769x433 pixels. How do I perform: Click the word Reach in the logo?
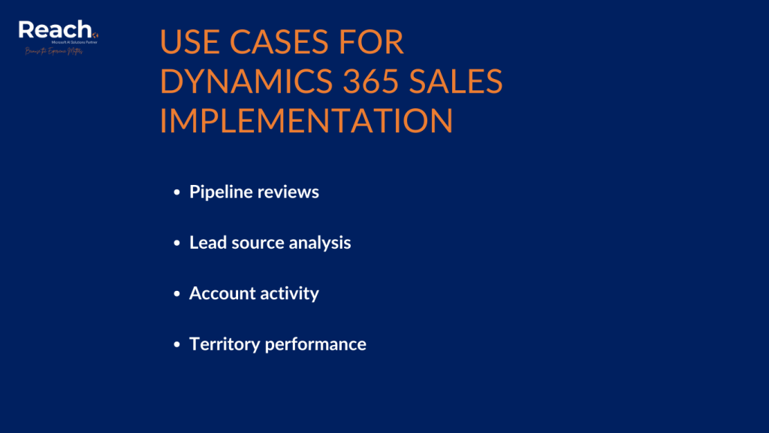pyautogui.click(x=54, y=29)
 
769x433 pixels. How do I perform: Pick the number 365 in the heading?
pyautogui.click(x=375, y=82)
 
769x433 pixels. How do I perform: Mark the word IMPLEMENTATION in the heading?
pyautogui.click(x=306, y=121)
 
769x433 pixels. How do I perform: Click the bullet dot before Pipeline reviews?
pyautogui.click(x=176, y=193)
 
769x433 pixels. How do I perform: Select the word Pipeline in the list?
pyautogui.click(x=221, y=192)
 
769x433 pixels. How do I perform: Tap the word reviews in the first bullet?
pyautogui.click(x=288, y=192)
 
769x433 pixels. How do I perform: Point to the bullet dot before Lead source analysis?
pyautogui.click(x=176, y=244)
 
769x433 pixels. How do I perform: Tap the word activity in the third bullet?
pyautogui.click(x=289, y=294)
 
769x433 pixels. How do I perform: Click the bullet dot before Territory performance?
pyautogui.click(x=176, y=345)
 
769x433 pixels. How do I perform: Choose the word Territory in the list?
pyautogui.click(x=223, y=344)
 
